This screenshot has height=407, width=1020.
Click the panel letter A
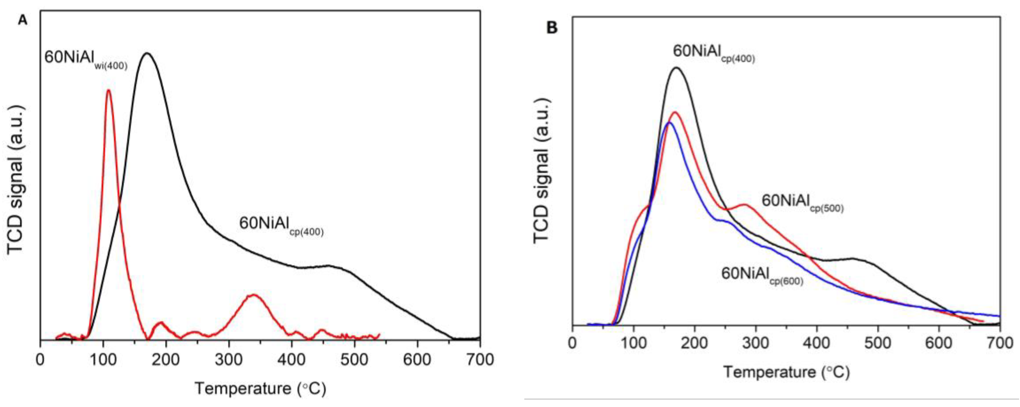point(23,20)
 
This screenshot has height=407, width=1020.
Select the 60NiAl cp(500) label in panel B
point(802,202)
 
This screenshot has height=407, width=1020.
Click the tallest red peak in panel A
point(108,90)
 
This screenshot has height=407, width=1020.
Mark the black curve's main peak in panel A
point(147,53)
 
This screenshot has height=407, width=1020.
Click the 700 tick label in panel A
point(480,360)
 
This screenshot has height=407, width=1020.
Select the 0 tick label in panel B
point(571,343)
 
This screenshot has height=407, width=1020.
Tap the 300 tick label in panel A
point(229,360)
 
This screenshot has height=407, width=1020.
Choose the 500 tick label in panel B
point(878,343)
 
